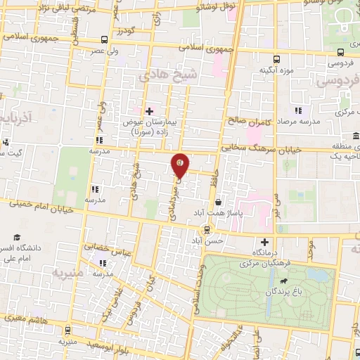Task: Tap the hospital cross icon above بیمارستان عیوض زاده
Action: [148, 110]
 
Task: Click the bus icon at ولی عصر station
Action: [104, 39]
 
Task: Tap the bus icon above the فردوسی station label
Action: [340, 51]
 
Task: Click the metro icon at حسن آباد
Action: [206, 229]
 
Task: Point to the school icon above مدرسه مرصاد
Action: [298, 110]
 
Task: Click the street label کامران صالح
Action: [248, 121]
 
